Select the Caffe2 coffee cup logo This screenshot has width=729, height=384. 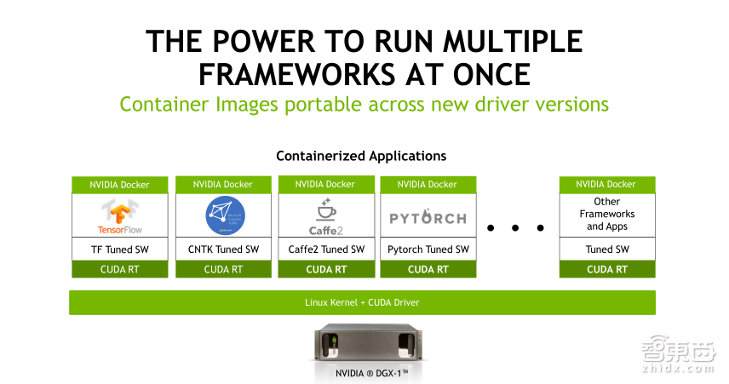(326, 215)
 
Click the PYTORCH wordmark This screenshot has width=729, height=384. (428, 218)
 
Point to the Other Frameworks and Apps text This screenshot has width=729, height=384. (606, 214)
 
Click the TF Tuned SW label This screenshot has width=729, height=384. (121, 249)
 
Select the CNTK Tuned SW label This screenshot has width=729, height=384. (224, 249)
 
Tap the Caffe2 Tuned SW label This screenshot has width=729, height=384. (326, 249)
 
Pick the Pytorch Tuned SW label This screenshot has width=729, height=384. (428, 249)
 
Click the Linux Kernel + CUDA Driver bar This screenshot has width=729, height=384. (362, 302)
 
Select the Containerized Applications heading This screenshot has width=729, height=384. (361, 157)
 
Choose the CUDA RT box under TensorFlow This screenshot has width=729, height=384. (121, 269)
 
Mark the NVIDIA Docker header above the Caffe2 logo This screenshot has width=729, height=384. (326, 184)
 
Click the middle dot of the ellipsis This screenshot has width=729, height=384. (515, 227)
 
